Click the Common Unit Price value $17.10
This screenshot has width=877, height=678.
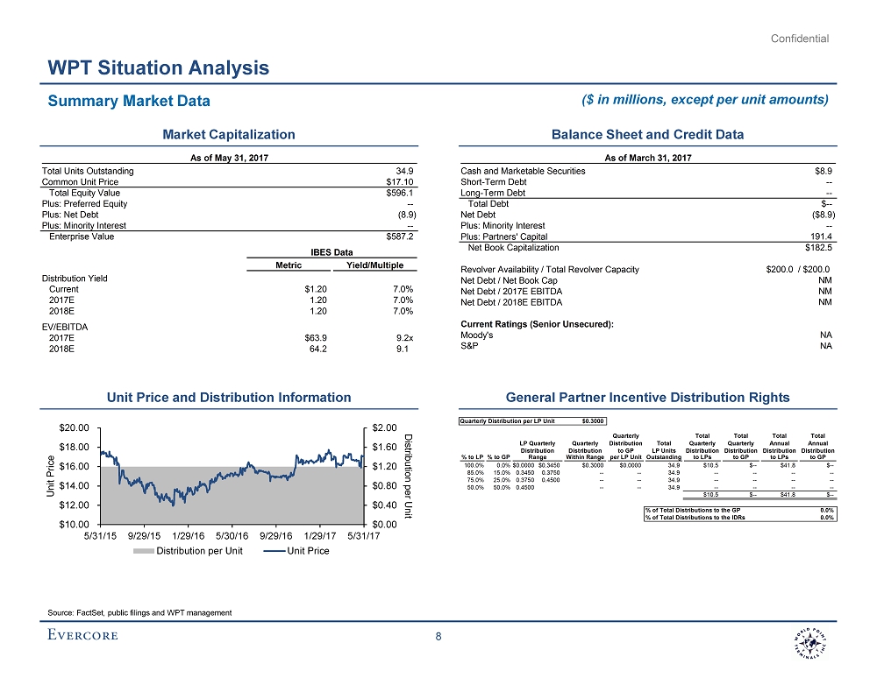pyautogui.click(x=401, y=182)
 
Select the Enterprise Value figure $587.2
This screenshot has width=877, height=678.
pyautogui.click(x=400, y=237)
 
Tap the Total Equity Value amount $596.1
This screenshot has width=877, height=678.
pyautogui.click(x=400, y=193)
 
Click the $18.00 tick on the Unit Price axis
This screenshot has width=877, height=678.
pyautogui.click(x=74, y=448)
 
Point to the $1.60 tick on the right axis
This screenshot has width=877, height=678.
pyautogui.click(x=383, y=448)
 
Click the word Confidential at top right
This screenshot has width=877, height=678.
pyautogui.click(x=800, y=39)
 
